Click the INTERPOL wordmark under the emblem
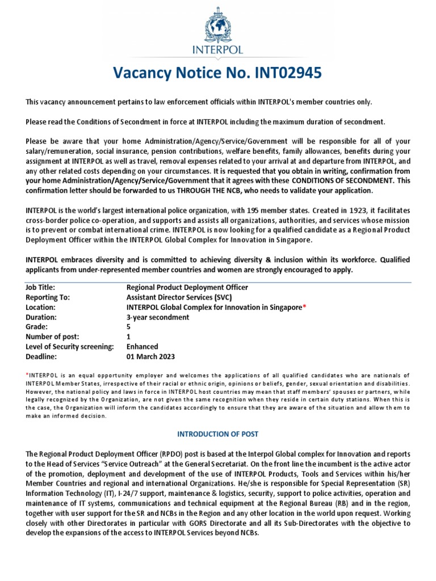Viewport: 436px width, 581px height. pyautogui.click(x=217, y=50)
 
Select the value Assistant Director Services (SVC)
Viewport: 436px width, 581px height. pyautogui.click(x=179, y=297)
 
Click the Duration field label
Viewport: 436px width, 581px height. pyautogui.click(x=41, y=317)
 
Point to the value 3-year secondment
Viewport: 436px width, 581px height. pyautogui.click(x=158, y=317)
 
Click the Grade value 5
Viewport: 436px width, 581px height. pyautogui.click(x=128, y=327)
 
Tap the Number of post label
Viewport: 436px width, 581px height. pyautogui.click(x=52, y=337)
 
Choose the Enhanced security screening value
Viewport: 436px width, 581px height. pyautogui.click(x=142, y=347)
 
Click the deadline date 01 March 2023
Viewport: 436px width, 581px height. pyautogui.click(x=151, y=357)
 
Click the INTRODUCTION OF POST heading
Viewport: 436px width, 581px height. pyautogui.click(x=217, y=434)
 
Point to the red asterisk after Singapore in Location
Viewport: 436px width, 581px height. pyautogui.click(x=304, y=307)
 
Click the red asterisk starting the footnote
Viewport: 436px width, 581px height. pyautogui.click(x=27, y=375)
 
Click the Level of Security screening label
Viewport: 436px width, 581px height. pyautogui.click(x=70, y=347)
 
